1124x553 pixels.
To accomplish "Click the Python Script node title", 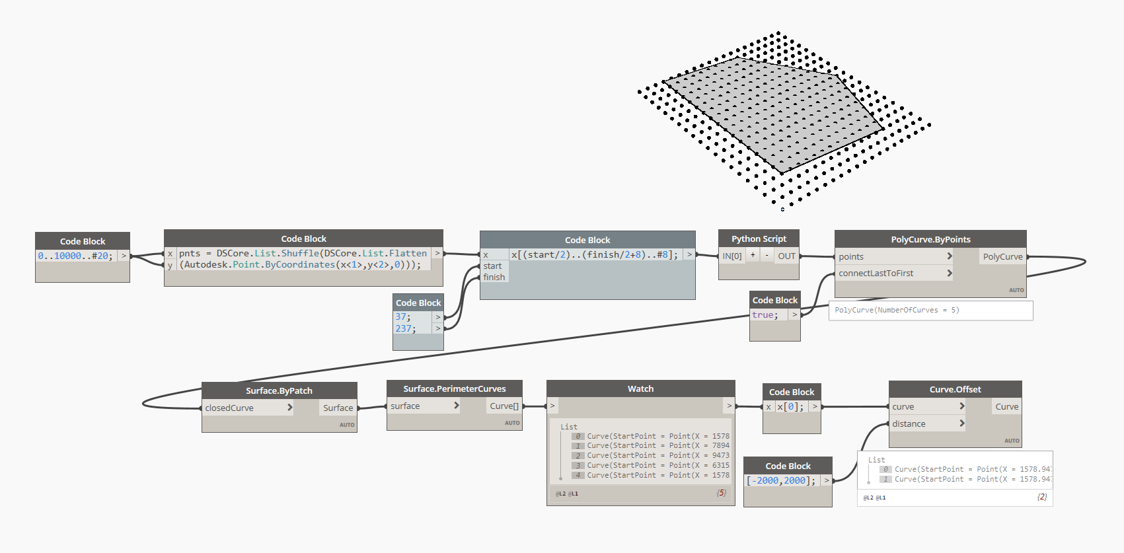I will tap(759, 239).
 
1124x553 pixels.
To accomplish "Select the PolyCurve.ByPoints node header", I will tap(930, 239).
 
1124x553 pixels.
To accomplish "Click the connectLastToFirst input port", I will tap(876, 273).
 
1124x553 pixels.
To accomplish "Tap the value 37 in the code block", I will tap(402, 317).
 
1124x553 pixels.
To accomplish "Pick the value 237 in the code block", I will tap(403, 328).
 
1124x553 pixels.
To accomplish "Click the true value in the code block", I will tap(763, 315).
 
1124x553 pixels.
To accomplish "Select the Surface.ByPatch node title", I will tap(279, 390).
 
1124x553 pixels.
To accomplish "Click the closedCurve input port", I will tap(229, 408).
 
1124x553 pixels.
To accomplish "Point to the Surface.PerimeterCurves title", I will tap(455, 388).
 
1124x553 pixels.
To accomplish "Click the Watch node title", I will tap(640, 388).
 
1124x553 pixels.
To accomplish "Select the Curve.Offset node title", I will tap(955, 389).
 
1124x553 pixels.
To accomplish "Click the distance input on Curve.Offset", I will tap(909, 424).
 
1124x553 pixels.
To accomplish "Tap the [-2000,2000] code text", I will tap(780, 480).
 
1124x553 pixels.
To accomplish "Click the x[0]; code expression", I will tap(790, 407).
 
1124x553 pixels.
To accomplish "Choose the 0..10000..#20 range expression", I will tap(75, 256).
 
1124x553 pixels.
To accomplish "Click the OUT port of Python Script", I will tap(786, 256).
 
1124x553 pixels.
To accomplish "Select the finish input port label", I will tap(494, 277).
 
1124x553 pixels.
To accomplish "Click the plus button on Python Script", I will tap(753, 255).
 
